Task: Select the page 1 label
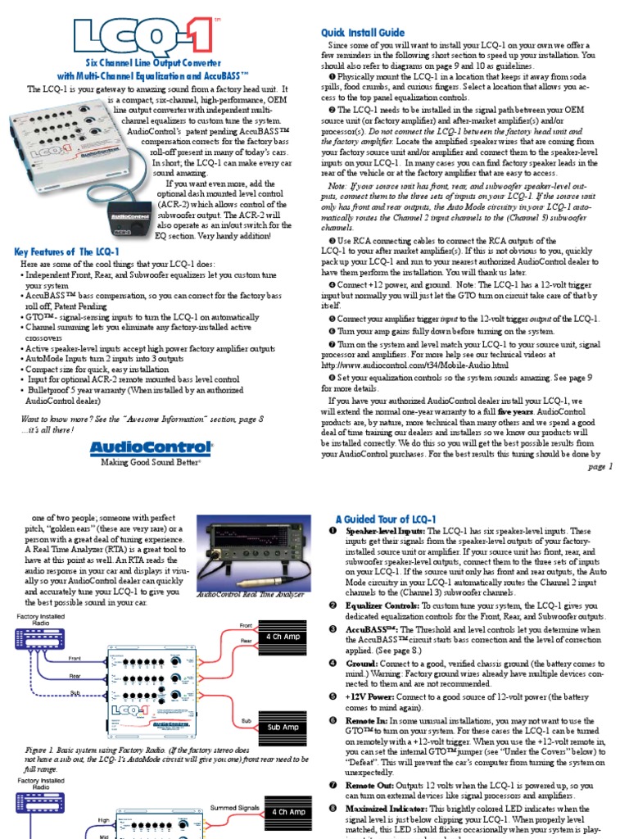click(x=600, y=466)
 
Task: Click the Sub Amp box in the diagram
click(x=282, y=727)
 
